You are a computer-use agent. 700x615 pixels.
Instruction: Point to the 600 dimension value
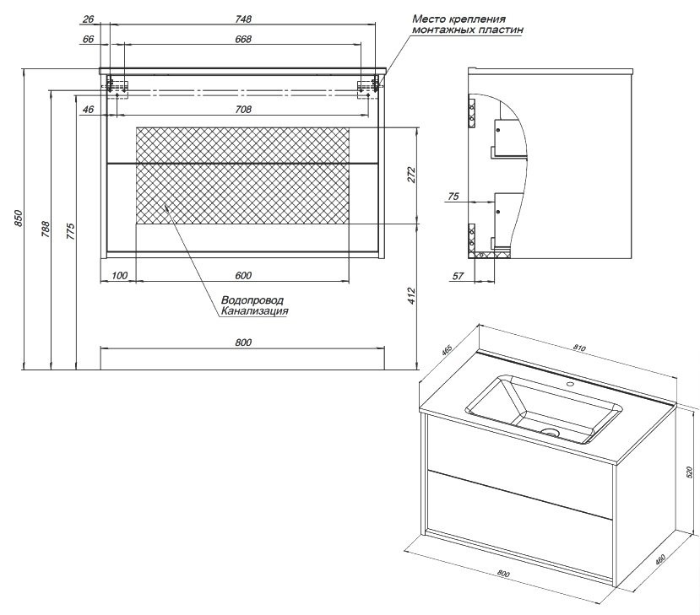click(x=242, y=275)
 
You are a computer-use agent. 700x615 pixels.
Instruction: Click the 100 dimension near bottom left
click(x=118, y=275)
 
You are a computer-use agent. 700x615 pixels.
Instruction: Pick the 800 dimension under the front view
click(x=242, y=343)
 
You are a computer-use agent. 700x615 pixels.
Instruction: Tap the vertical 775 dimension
click(x=71, y=229)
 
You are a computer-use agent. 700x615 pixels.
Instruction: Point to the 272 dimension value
click(x=412, y=175)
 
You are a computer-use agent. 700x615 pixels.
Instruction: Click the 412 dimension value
click(x=412, y=295)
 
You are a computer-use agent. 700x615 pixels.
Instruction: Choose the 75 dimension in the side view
click(x=453, y=197)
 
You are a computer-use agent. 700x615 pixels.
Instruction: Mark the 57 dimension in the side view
click(x=457, y=275)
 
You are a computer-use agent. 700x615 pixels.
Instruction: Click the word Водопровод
click(x=252, y=300)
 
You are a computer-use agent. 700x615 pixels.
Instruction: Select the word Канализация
click(x=255, y=311)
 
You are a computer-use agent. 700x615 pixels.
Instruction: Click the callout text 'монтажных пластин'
click(x=468, y=29)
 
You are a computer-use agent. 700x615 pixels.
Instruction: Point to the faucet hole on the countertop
click(x=570, y=386)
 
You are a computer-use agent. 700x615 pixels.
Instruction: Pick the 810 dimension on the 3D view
click(x=579, y=348)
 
